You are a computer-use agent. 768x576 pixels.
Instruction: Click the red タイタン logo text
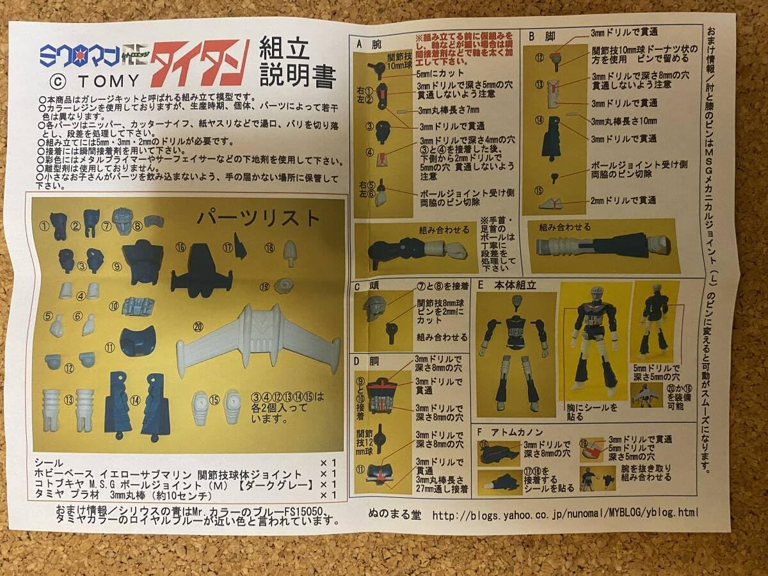pos(199,63)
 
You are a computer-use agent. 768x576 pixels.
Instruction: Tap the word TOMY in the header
pos(107,81)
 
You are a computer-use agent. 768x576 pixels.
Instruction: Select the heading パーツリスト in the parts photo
pos(258,218)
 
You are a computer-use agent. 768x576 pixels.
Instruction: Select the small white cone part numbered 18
pos(289,254)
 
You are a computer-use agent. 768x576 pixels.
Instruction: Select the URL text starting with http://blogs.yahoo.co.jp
pos(565,513)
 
